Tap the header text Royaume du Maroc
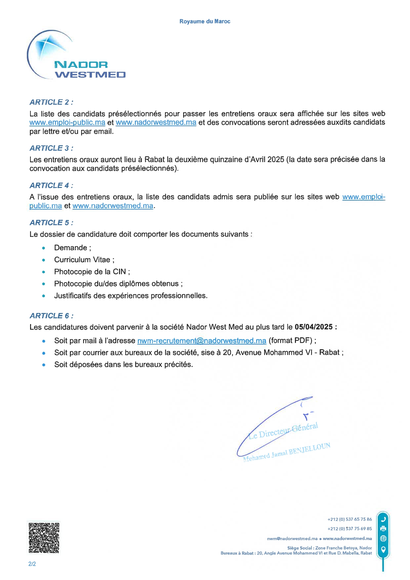pyautogui.click(x=205, y=22)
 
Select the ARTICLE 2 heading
pyautogui.click(x=51, y=102)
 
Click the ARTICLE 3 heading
pyautogui.click(x=51, y=148)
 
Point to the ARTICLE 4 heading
pyautogui.click(x=51, y=186)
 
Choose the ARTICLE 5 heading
pyautogui.click(x=51, y=223)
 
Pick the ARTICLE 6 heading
pyautogui.click(x=51, y=316)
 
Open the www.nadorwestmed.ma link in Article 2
pyautogui.click(x=156, y=122)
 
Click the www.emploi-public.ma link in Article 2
pyautogui.click(x=67, y=122)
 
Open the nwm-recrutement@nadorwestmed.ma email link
pyautogui.click(x=202, y=341)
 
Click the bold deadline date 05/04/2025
pyautogui.click(x=313, y=327)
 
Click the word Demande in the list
pyautogui.click(x=70, y=248)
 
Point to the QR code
pyautogui.click(x=44, y=538)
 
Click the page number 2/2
pyautogui.click(x=32, y=564)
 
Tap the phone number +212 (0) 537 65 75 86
pyautogui.click(x=349, y=519)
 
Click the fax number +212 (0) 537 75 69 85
pyautogui.click(x=349, y=529)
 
